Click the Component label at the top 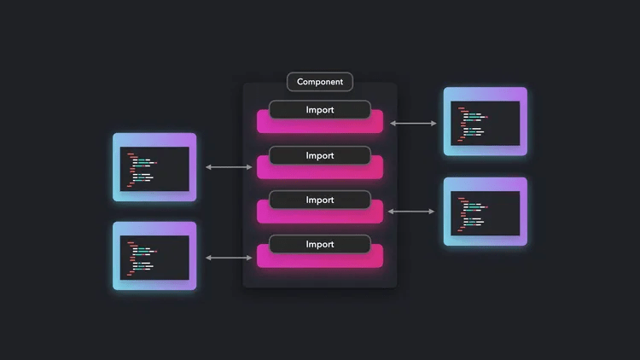tap(320, 82)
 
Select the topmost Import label tap(320, 110)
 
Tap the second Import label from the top tap(320, 155)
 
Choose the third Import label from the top tap(320, 200)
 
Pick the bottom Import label tap(320, 244)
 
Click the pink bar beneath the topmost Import tap(320, 126)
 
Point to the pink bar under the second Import tap(320, 171)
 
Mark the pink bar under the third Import tap(320, 216)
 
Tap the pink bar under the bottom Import tap(320, 260)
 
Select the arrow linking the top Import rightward tap(413, 124)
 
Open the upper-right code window tap(485, 122)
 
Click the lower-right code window tap(485, 212)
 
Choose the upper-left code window tap(154, 167)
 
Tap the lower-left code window tap(154, 256)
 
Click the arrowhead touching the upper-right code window tap(434, 124)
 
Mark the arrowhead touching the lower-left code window tap(207, 257)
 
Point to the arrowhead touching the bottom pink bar tap(250, 257)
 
